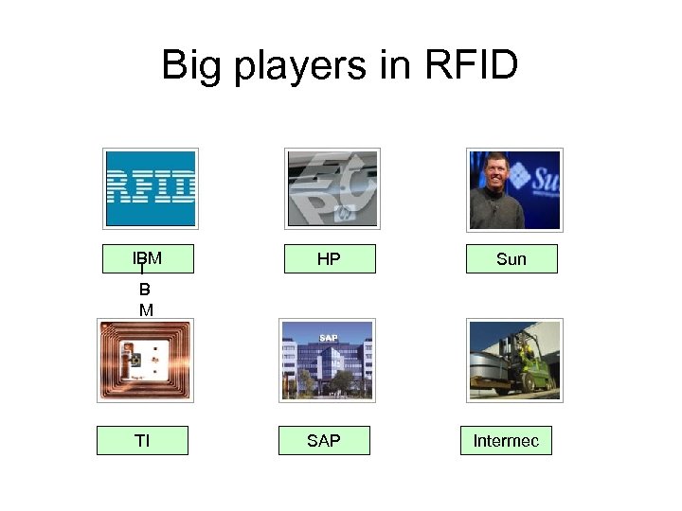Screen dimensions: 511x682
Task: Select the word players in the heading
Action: coord(304,65)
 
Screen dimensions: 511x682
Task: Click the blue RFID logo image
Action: coord(151,188)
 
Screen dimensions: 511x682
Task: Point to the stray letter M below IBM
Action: coord(146,309)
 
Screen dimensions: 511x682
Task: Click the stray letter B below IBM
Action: coord(145,290)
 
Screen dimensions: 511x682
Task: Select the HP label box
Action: coord(329,259)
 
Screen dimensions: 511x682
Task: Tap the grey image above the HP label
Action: coord(332,188)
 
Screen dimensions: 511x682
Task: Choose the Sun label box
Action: coord(511,259)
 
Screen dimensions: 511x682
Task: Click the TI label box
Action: coord(142,440)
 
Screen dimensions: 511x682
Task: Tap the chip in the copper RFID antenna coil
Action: coord(136,360)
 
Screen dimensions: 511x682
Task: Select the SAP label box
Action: coord(324,440)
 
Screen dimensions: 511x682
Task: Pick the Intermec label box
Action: coord(506,440)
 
